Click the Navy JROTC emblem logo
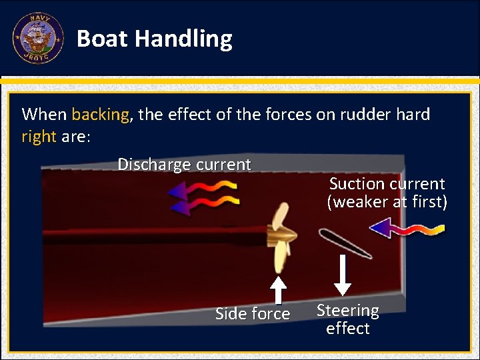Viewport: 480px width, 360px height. pyautogui.click(x=38, y=38)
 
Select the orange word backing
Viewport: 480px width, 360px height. pyautogui.click(x=100, y=114)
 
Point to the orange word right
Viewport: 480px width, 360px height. pyautogui.click(x=39, y=137)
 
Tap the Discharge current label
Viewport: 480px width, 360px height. pyautogui.click(x=184, y=164)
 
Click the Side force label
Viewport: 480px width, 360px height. pyautogui.click(x=253, y=313)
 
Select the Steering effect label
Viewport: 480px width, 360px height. pyautogui.click(x=347, y=319)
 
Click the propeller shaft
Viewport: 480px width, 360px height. pyautogui.click(x=153, y=236)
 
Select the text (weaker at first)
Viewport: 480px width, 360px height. pyautogui.click(x=387, y=201)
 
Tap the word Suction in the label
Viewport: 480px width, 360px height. pyautogui.click(x=356, y=184)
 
